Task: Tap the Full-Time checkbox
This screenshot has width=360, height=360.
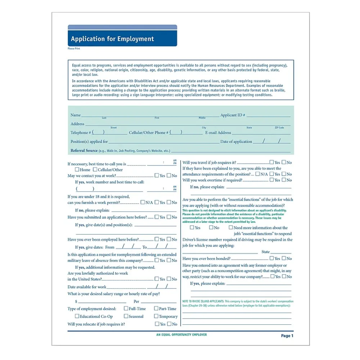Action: (x=126, y=309)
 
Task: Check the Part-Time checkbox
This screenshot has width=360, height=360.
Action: (x=156, y=309)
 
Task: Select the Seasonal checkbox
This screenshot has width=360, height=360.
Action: (x=126, y=316)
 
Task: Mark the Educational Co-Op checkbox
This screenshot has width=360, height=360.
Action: (x=77, y=316)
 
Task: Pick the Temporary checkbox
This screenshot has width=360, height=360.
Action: (x=156, y=316)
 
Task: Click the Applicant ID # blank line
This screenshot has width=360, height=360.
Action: (x=268, y=116)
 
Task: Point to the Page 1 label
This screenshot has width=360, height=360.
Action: (x=287, y=336)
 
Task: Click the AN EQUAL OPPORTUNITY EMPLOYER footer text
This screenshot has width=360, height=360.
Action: (x=181, y=335)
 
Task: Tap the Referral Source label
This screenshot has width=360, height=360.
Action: (x=84, y=150)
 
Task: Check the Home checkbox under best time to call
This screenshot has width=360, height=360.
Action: (x=77, y=170)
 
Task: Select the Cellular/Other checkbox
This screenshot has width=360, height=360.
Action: (x=95, y=170)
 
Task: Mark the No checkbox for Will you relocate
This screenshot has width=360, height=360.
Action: (x=169, y=324)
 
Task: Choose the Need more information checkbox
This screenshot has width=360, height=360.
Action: (x=231, y=228)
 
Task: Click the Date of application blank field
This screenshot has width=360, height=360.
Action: (x=272, y=141)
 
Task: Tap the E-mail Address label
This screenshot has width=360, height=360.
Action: (x=218, y=132)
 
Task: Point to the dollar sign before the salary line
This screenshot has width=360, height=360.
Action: (x=76, y=302)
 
